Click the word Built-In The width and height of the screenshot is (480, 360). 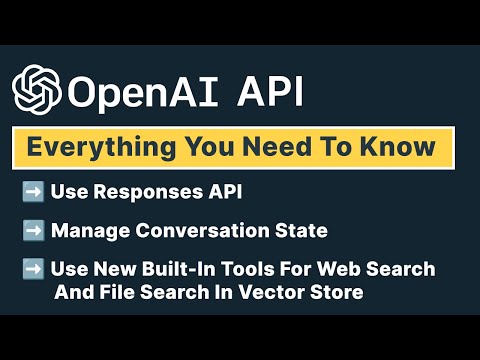[x=186, y=269]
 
